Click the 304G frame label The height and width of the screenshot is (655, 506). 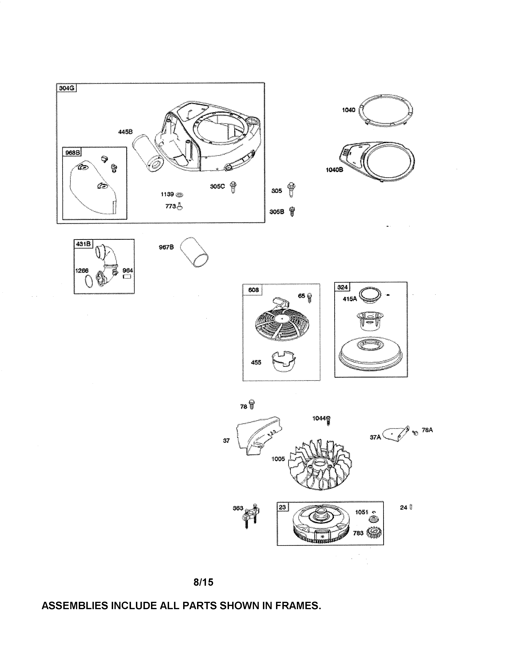click(66, 88)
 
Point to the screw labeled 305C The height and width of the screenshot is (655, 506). click(233, 187)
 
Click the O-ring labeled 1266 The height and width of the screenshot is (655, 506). click(89, 281)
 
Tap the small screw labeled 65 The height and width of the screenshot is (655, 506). click(310, 297)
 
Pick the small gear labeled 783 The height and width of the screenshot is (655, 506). click(374, 533)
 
